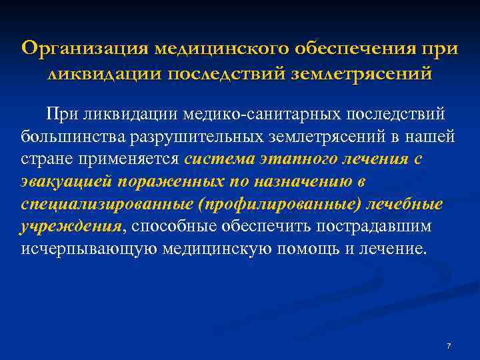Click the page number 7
pos(449,346)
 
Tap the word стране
pos(39,159)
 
